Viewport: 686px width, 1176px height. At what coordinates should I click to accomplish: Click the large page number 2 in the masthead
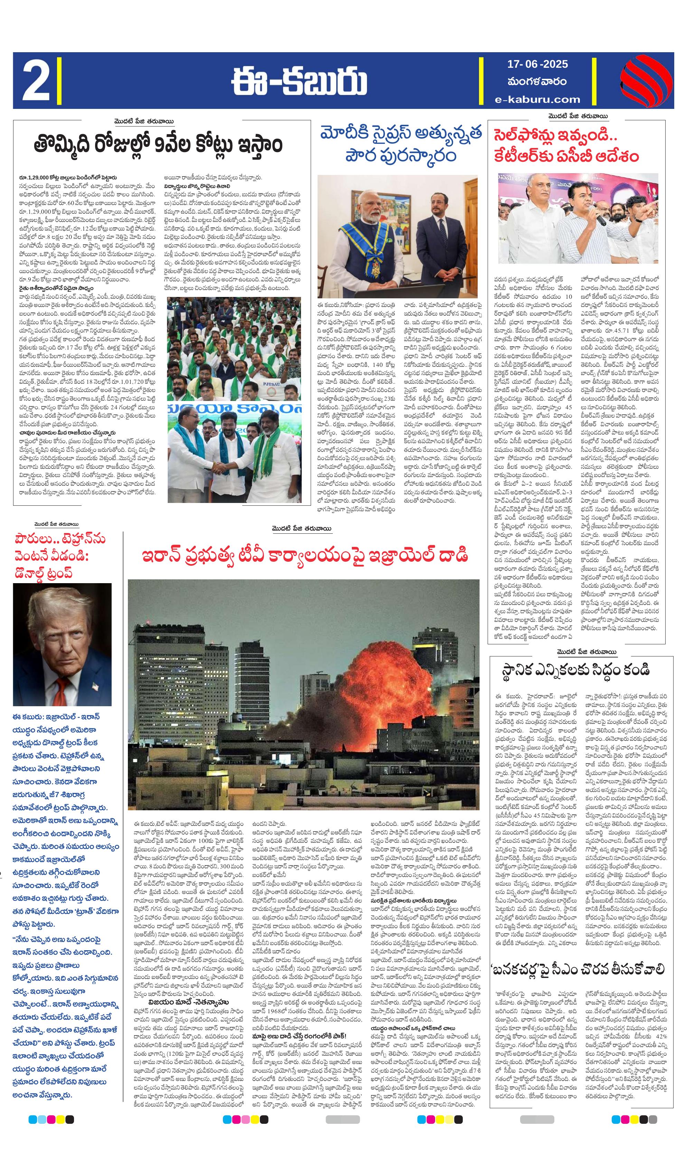click(36, 80)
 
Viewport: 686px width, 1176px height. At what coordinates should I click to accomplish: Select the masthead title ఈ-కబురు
click(299, 80)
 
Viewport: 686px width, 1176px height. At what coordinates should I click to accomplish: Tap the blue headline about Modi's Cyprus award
click(401, 144)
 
